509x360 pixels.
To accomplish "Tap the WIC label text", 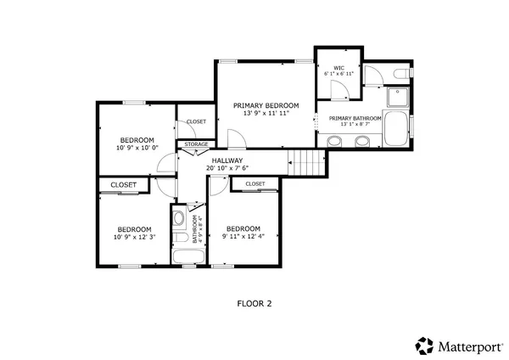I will (x=338, y=68).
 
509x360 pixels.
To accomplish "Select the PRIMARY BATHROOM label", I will (x=355, y=119).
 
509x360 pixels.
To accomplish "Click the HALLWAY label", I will (x=227, y=160).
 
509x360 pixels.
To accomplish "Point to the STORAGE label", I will (x=197, y=144).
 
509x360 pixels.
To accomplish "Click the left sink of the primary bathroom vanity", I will (x=334, y=143).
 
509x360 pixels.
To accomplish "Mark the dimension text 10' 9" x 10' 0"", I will (x=136, y=148).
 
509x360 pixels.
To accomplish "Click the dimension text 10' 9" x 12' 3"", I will (x=134, y=237).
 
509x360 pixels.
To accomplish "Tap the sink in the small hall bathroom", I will (x=178, y=220).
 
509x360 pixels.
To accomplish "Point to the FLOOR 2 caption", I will (x=254, y=301).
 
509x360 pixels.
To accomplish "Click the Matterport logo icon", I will (x=424, y=345).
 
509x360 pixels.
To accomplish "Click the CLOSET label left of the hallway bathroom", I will (x=124, y=184).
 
